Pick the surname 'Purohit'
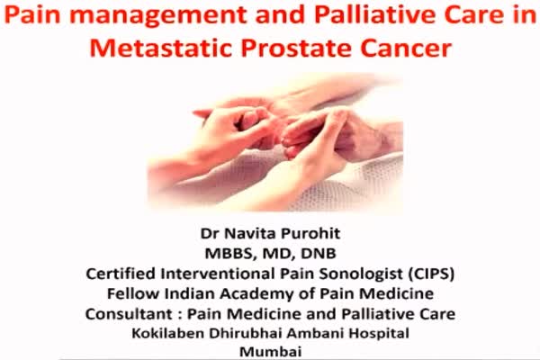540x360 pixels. (x=310, y=234)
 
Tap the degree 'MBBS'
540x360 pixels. (x=231, y=254)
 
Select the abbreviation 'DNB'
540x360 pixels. (x=319, y=254)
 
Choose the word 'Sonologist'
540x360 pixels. (x=361, y=274)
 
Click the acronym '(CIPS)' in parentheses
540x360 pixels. (x=431, y=274)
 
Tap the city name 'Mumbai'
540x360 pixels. (x=270, y=352)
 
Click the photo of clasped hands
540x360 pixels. (x=274, y=143)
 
